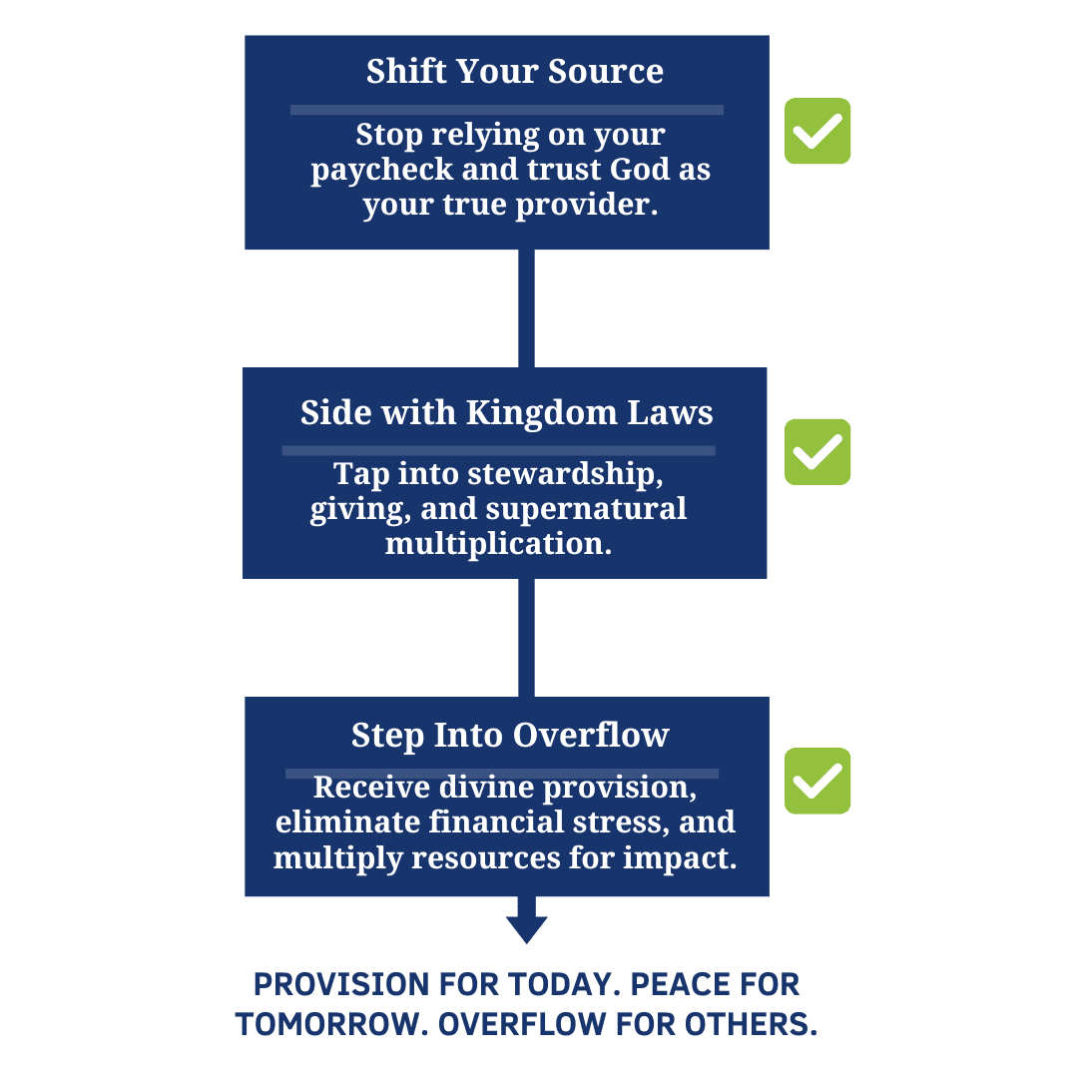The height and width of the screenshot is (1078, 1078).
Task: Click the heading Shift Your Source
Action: tap(514, 71)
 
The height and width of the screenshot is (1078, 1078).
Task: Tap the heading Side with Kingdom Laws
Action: tap(507, 413)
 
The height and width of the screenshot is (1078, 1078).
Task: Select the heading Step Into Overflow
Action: tap(510, 736)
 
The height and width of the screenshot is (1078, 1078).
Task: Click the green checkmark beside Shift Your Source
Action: tap(817, 131)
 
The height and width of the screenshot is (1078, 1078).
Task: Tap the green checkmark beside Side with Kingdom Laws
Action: tap(817, 452)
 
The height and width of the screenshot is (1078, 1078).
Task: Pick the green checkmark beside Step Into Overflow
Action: tap(817, 781)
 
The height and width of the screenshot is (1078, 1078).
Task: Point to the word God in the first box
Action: tap(640, 169)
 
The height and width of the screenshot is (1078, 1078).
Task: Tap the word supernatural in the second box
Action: tap(586, 510)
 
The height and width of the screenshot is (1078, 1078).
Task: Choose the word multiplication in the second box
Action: tap(498, 545)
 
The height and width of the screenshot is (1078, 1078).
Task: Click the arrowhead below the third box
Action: tap(527, 928)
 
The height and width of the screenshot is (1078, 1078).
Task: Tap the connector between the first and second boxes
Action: tap(527, 308)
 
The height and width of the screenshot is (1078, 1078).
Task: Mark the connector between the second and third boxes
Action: tap(527, 637)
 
